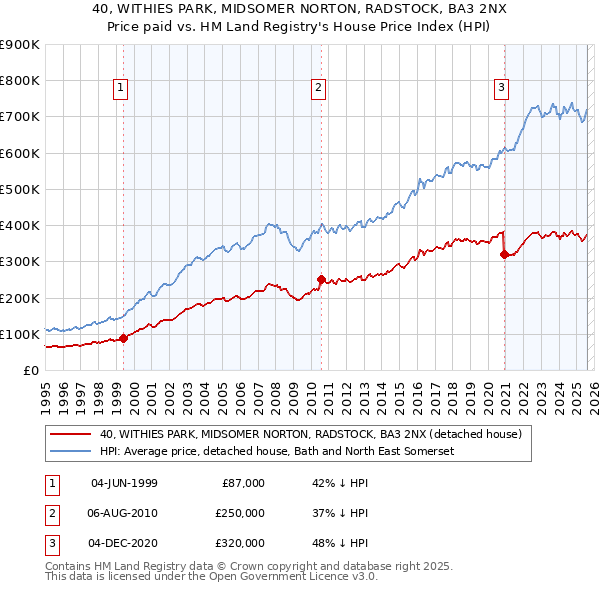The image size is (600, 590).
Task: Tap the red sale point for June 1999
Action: point(123,338)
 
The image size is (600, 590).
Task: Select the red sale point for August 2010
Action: point(321,279)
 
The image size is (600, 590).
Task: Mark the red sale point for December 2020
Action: point(504,254)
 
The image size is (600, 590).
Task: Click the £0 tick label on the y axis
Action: point(31,370)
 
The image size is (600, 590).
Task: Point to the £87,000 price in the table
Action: point(241,483)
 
